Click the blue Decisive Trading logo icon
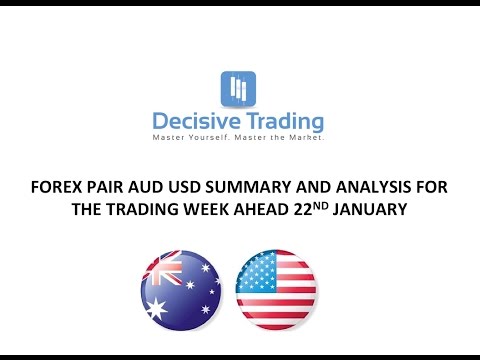(x=237, y=88)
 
